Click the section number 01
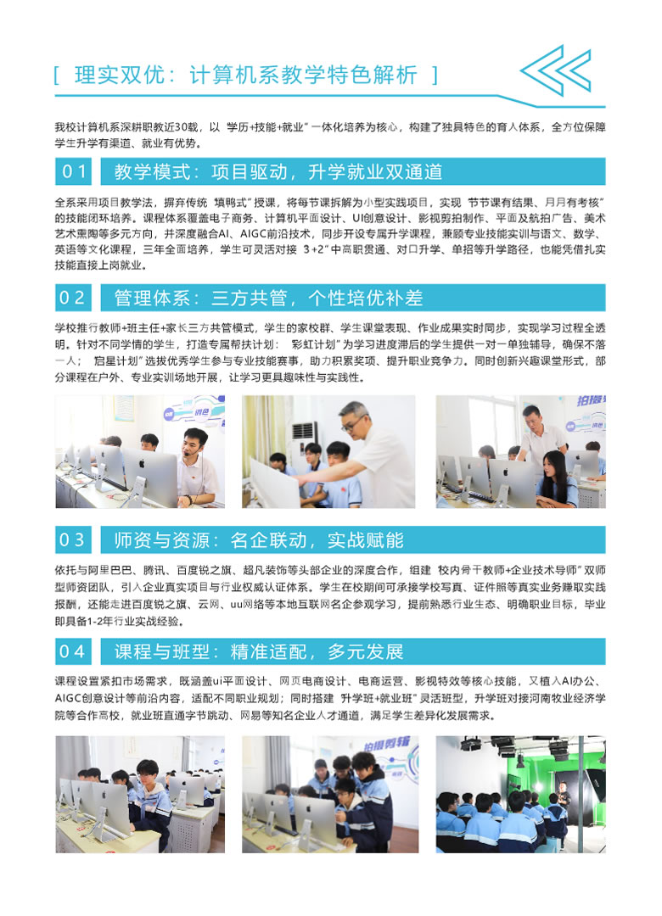74,171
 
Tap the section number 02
72,298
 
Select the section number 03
72,539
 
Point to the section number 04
72,651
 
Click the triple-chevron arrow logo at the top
556,70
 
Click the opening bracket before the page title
56,75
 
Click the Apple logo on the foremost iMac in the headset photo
142,465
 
